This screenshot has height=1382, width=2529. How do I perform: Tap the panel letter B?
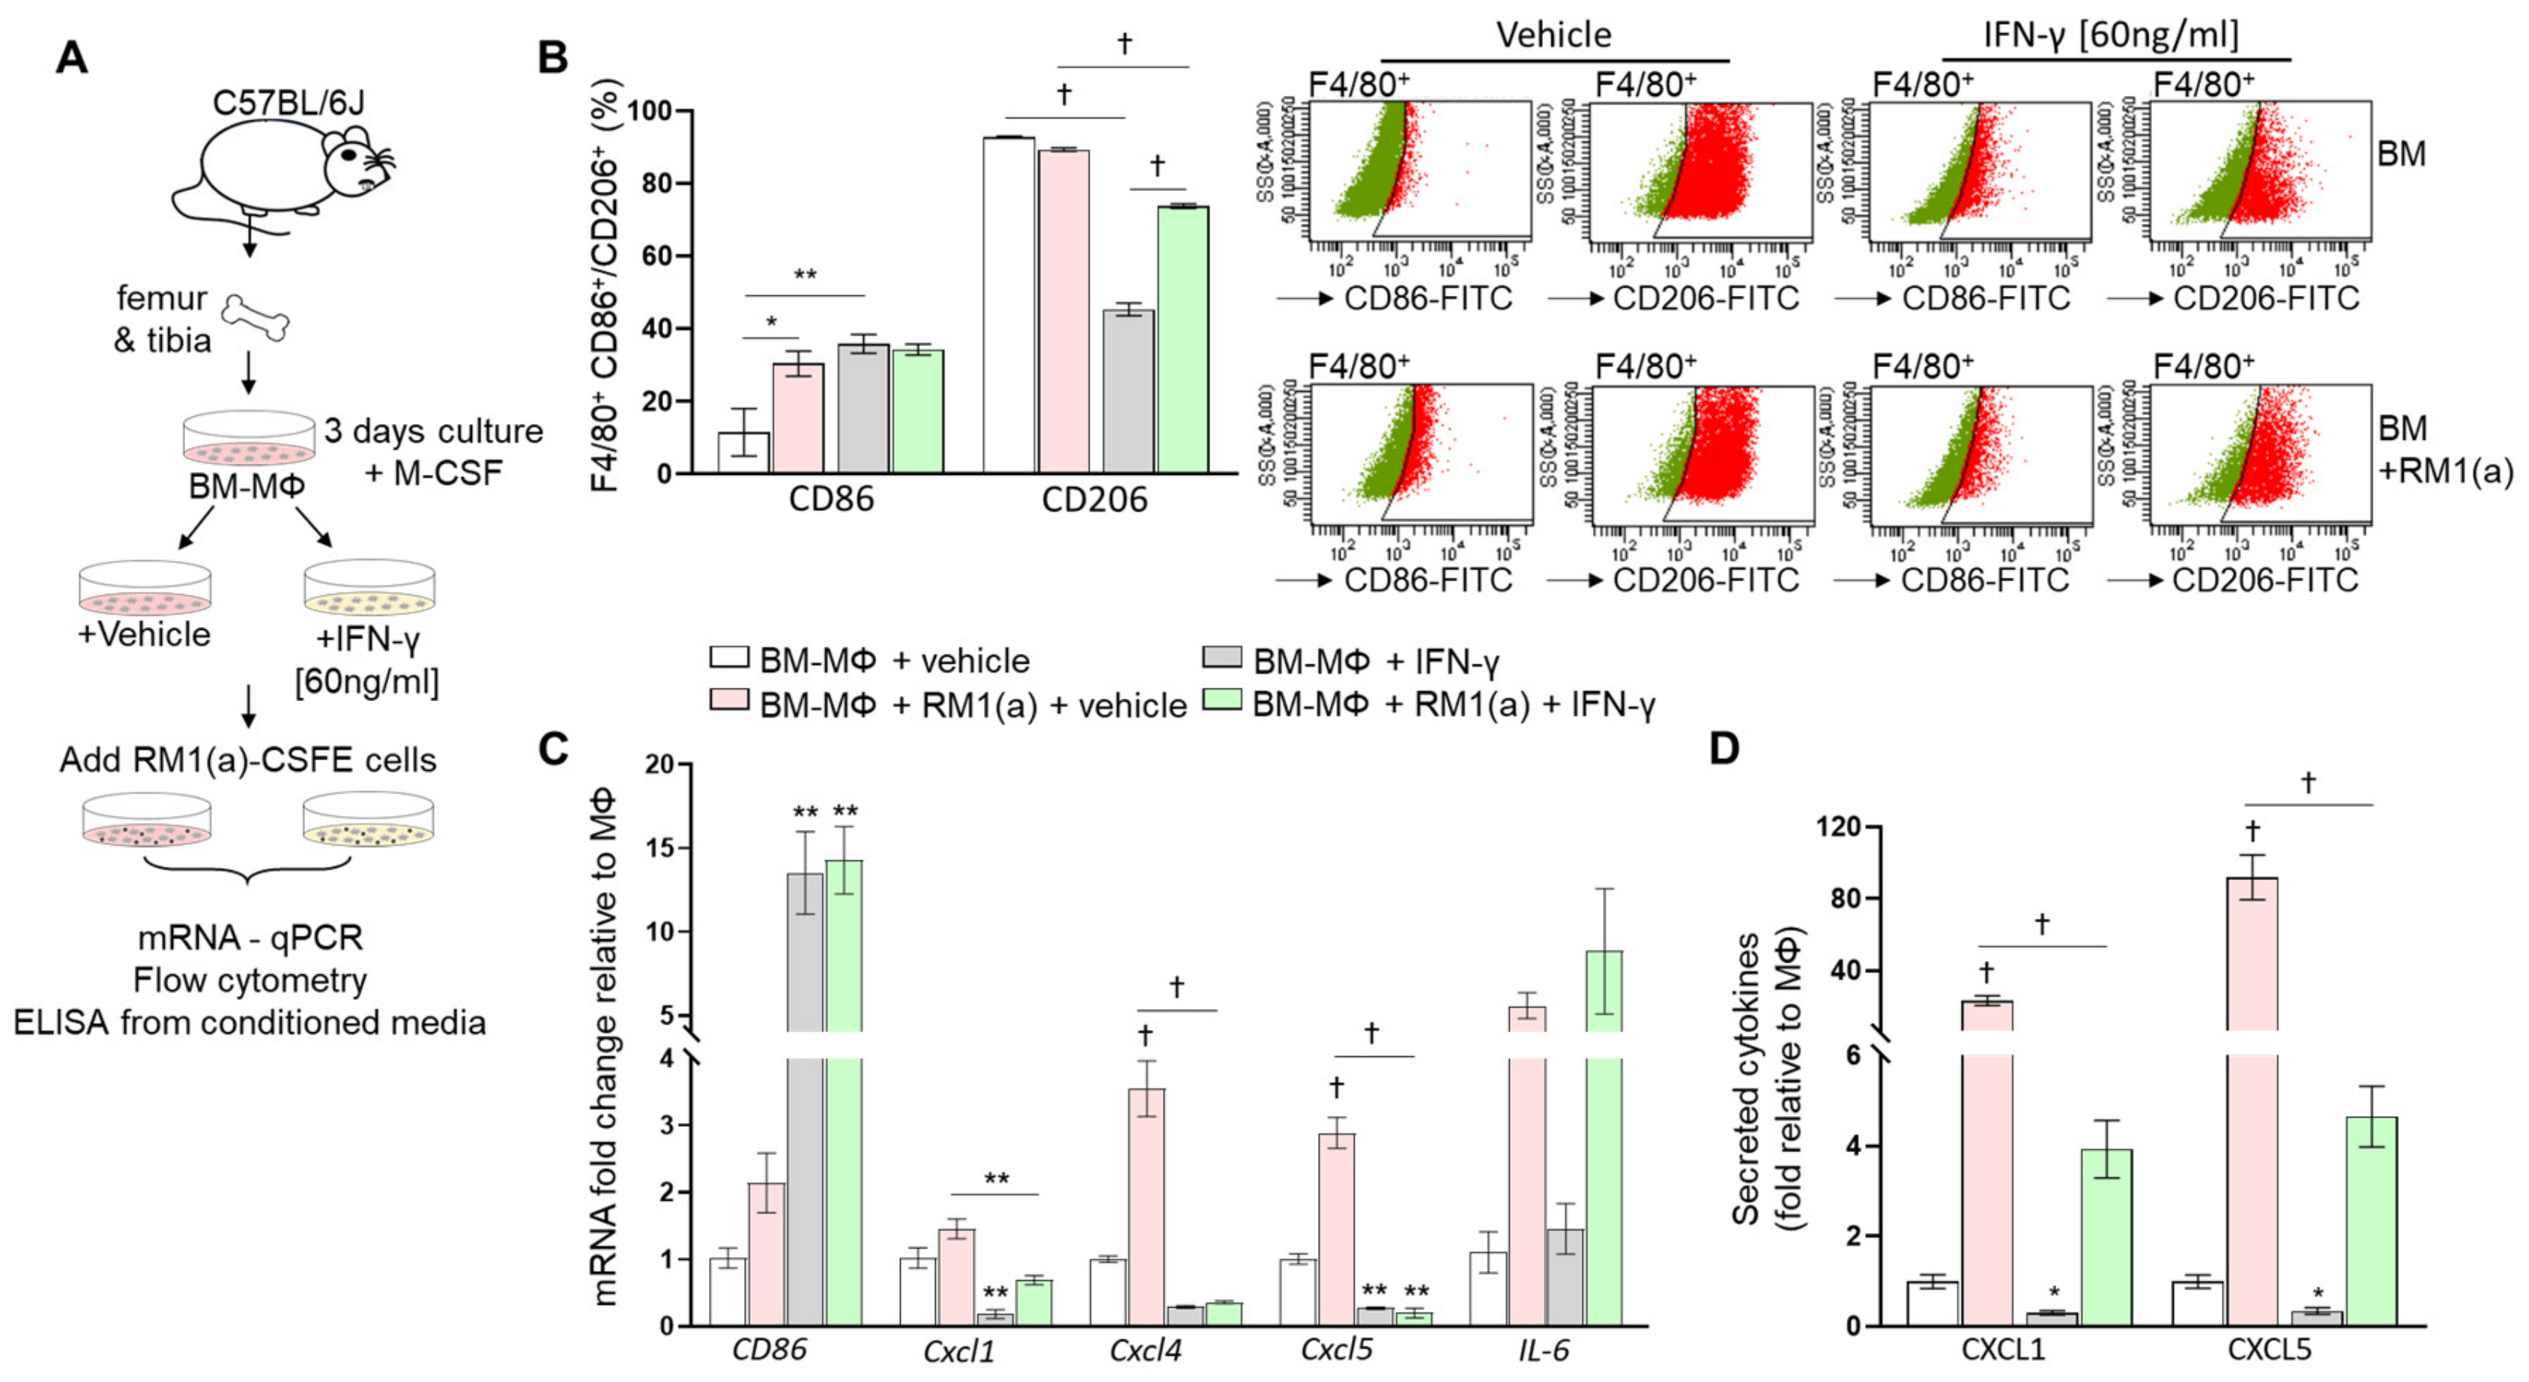pyautogui.click(x=553, y=58)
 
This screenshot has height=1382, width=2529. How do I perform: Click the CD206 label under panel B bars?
pyautogui.click(x=1094, y=500)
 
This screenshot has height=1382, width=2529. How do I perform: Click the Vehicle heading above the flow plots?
pyautogui.click(x=1553, y=35)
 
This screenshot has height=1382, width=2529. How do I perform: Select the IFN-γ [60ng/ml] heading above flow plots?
pyautogui.click(x=2111, y=35)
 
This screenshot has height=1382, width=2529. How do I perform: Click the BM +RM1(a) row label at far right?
pyautogui.click(x=2443, y=449)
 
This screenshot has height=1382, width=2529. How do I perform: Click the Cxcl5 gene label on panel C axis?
pyautogui.click(x=1335, y=1351)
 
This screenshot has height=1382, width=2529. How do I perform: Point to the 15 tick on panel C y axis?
pyautogui.click(x=659, y=848)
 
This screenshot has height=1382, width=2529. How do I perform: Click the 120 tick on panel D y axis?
pyautogui.click(x=1837, y=828)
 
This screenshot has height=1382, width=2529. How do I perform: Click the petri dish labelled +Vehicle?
pyautogui.click(x=145, y=589)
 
